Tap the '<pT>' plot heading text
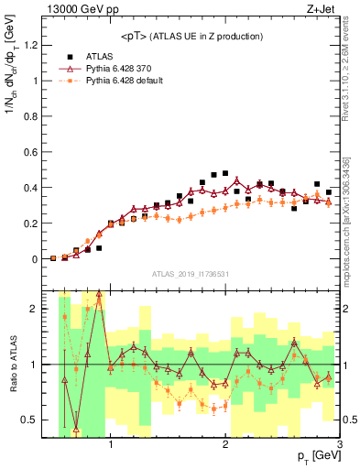pos(192,36)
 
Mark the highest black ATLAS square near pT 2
pos(225,172)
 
